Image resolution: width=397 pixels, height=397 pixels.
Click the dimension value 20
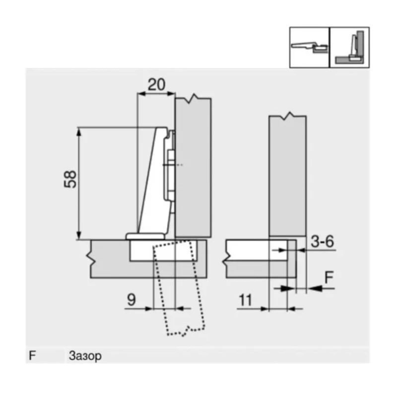[x=156, y=84]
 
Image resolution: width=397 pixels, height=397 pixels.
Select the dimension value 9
[x=131, y=299]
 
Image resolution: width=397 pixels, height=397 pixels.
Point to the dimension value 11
[x=245, y=299]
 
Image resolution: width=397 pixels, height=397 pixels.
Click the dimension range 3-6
[x=322, y=242]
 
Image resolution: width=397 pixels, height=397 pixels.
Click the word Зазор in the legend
[x=83, y=356]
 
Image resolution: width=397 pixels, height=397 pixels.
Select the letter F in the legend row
[x=33, y=356]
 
